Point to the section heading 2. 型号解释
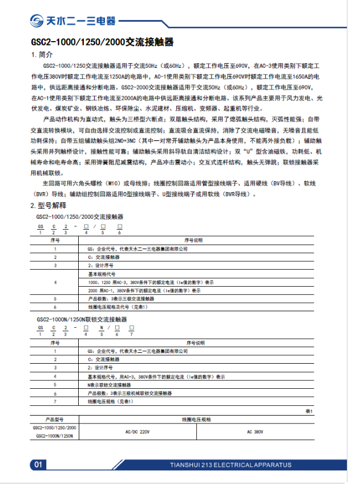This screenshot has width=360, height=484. (x=48, y=205)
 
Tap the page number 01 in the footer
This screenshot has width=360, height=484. (x=38, y=465)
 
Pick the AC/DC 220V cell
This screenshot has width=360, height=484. (x=137, y=432)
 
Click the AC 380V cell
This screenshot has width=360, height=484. (x=255, y=432)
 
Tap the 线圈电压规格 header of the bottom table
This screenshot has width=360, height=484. (x=197, y=418)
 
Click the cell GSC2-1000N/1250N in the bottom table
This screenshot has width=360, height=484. (x=54, y=436)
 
